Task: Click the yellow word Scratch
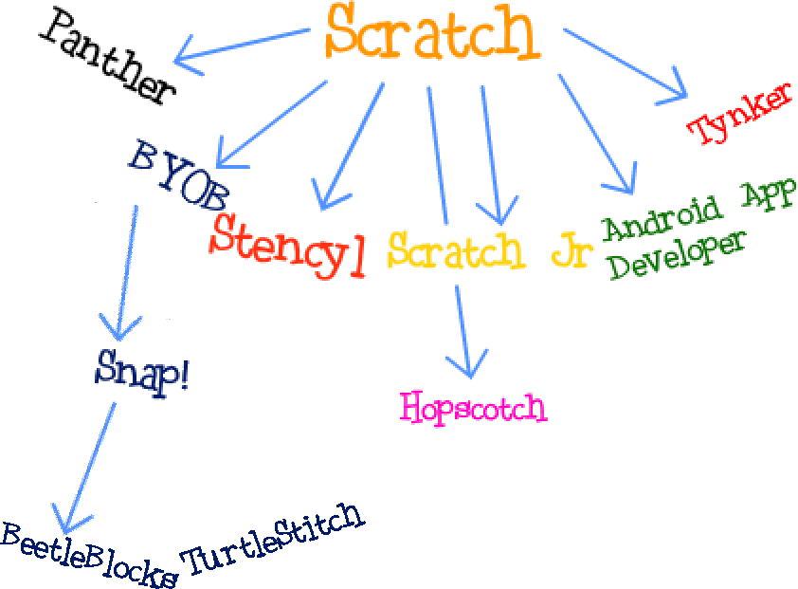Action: pos(455,250)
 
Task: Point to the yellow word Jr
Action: pos(571,251)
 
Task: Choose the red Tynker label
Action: pos(739,114)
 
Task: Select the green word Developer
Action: pos(674,252)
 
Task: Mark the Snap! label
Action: pos(143,368)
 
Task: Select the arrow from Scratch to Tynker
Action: pos(626,63)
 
